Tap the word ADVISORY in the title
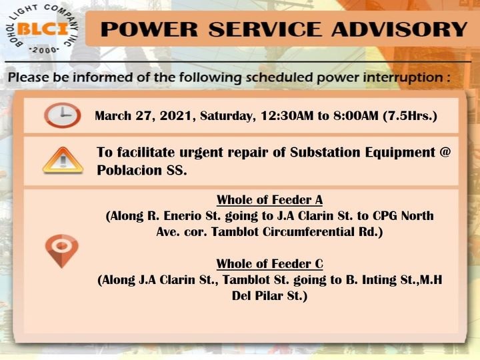399,29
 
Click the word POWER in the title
149,29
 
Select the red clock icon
63,115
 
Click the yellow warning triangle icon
63,160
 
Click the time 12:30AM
287,116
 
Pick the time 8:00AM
356,116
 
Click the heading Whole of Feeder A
270,200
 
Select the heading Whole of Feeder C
270,264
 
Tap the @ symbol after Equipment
445,152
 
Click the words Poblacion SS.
142,170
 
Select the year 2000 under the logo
45,50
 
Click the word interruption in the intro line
403,77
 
